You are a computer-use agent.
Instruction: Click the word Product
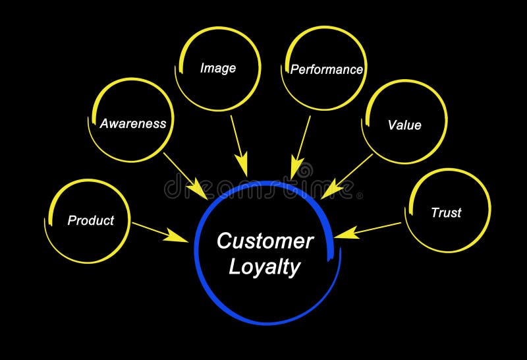[x=91, y=221]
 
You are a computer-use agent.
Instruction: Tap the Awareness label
[x=132, y=123]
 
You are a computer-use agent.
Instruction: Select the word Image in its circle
[x=218, y=68]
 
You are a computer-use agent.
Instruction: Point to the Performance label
[x=327, y=69]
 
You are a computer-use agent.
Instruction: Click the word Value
[x=404, y=125]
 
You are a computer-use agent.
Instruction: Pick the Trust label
[x=446, y=213]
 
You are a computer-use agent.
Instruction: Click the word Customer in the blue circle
[x=265, y=241]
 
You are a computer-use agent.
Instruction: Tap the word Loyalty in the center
[x=264, y=267]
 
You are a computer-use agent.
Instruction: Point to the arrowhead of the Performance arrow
[x=297, y=167]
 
